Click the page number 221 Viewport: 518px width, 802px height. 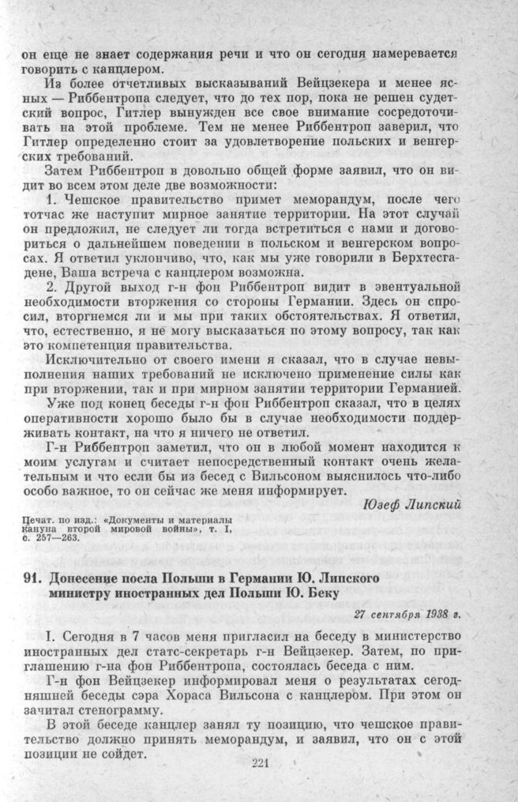261,763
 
